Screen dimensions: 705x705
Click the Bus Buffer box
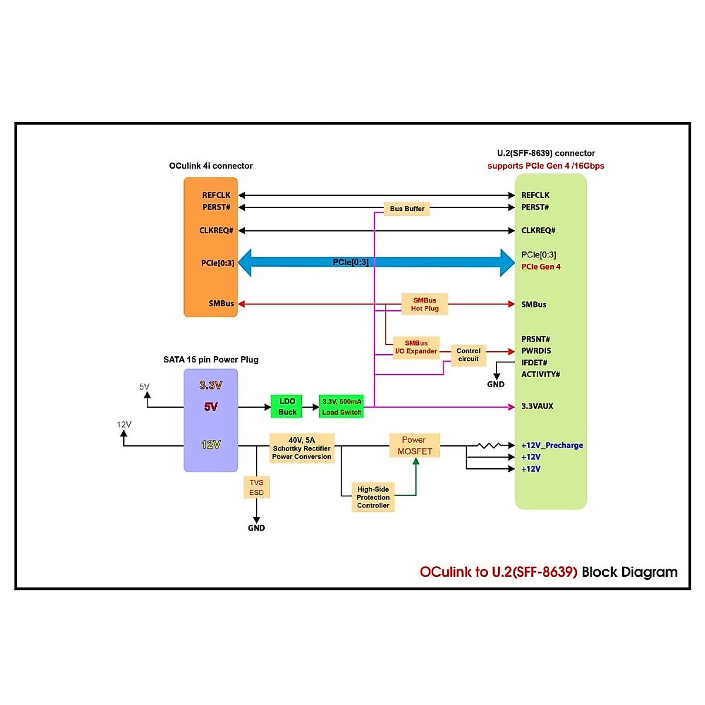click(407, 209)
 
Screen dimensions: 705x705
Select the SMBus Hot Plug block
click(424, 304)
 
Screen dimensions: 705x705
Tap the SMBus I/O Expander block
click(416, 347)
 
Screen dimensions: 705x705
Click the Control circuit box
click(468, 355)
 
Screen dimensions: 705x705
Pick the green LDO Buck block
click(287, 407)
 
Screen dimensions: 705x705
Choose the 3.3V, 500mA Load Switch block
click(341, 407)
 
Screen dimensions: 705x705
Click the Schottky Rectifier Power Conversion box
click(301, 448)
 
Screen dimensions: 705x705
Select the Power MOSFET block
click(414, 445)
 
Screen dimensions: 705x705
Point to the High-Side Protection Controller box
click(373, 497)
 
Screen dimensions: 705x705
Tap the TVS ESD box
click(256, 488)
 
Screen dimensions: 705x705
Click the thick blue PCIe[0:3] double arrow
click(376, 262)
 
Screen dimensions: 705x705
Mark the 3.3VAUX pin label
click(537, 406)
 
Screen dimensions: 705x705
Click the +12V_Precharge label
click(552, 445)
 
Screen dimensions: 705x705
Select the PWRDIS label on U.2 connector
click(536, 351)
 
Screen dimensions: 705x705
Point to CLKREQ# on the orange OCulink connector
click(216, 230)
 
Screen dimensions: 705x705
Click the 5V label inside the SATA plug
click(210, 407)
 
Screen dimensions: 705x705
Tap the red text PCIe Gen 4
click(540, 267)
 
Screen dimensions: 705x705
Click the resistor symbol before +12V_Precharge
click(488, 446)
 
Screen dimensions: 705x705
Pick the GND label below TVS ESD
click(256, 528)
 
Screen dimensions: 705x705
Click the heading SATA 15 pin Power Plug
click(210, 360)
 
